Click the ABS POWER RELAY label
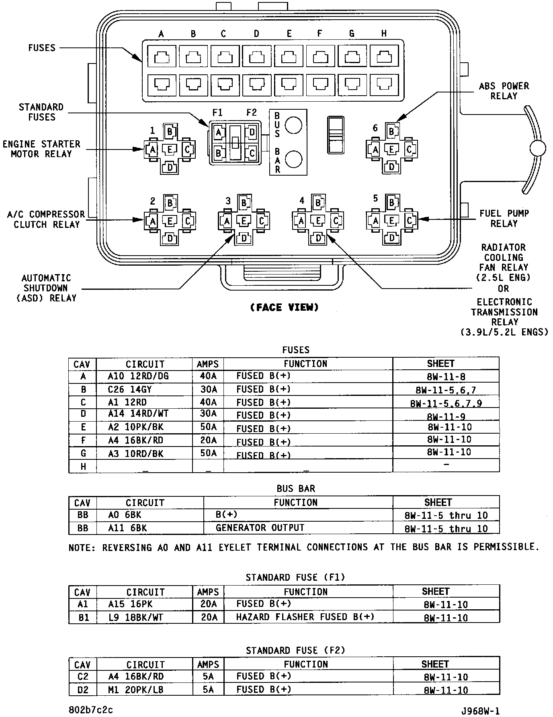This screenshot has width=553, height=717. tap(504, 91)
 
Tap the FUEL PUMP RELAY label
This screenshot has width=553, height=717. tap(504, 218)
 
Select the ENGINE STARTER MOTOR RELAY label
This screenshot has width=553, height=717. tap(41, 149)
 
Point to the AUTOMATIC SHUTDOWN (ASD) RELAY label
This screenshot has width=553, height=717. tap(46, 288)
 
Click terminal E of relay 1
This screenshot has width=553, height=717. tap(170, 150)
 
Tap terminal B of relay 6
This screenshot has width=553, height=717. tap(391, 131)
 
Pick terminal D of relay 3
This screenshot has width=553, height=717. tap(244, 238)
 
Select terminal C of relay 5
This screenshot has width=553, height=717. tap(410, 220)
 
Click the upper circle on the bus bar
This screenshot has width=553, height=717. tap(293, 125)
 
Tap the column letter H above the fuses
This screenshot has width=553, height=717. tap(384, 34)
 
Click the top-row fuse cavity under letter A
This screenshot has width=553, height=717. tap(162, 57)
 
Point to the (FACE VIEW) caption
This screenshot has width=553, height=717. tap(284, 307)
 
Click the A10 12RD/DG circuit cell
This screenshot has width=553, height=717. tap(138, 376)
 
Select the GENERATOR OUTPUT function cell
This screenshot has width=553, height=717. tap(260, 528)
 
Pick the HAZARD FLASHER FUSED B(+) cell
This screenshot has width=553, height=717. tap(305, 617)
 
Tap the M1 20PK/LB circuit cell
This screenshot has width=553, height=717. tap(136, 690)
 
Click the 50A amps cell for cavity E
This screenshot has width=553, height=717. tap(208, 427)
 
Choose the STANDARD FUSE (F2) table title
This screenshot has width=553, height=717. tap(295, 650)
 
